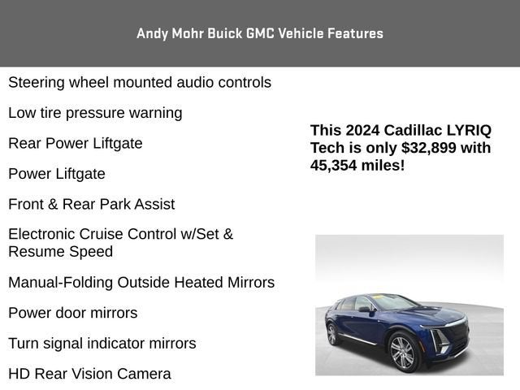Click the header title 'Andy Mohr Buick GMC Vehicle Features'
(x=260, y=33)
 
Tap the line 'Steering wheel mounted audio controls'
(x=140, y=83)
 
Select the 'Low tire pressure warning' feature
(x=95, y=113)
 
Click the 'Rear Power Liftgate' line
(x=76, y=144)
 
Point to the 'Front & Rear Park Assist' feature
(x=92, y=204)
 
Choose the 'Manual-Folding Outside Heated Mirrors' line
(x=141, y=283)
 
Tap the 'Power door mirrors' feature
(x=73, y=313)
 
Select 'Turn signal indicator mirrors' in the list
(x=102, y=344)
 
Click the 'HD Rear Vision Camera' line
(x=89, y=374)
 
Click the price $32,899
(x=428, y=148)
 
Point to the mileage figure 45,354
(x=333, y=166)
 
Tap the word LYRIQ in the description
(x=469, y=131)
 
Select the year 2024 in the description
(x=362, y=130)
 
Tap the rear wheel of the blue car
(x=332, y=334)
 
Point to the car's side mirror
(x=365, y=310)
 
